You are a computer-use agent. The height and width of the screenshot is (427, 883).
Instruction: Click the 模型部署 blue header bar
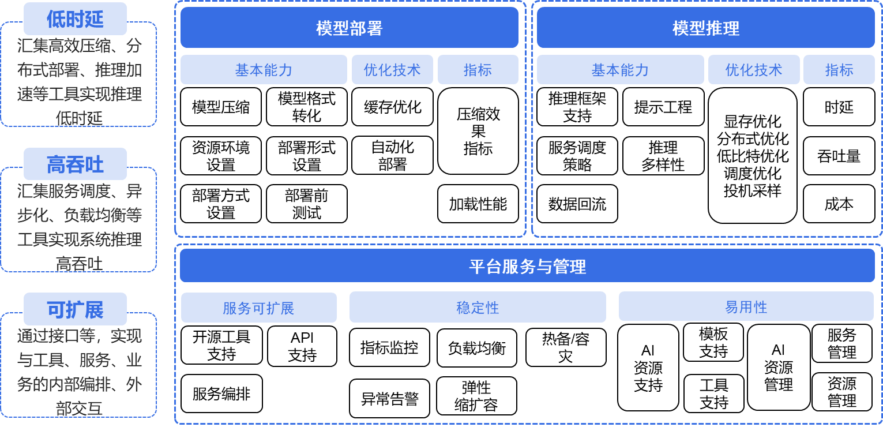pyautogui.click(x=349, y=28)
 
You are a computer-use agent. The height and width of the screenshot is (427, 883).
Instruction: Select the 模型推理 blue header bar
pyautogui.click(x=705, y=28)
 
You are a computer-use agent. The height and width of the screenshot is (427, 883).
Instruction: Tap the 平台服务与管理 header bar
pyautogui.click(x=527, y=266)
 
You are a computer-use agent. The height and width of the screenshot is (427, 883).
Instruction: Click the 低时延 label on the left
pyautogui.click(x=75, y=19)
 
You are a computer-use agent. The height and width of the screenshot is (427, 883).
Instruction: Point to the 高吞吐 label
pyautogui.click(x=75, y=164)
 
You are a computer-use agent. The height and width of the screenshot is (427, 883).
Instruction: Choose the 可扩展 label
pyautogui.click(x=75, y=310)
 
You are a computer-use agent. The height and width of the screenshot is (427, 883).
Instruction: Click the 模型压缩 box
pyautogui.click(x=221, y=107)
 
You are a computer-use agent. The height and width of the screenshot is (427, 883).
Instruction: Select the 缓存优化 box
pyautogui.click(x=392, y=107)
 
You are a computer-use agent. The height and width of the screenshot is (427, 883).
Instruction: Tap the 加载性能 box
pyautogui.click(x=478, y=204)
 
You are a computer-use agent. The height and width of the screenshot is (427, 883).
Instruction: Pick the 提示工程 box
pyautogui.click(x=663, y=107)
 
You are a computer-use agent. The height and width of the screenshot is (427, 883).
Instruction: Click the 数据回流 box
pyautogui.click(x=577, y=204)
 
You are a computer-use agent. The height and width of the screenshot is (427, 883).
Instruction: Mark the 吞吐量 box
pyautogui.click(x=839, y=156)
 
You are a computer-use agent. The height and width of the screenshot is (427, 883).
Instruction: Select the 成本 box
pyautogui.click(x=839, y=204)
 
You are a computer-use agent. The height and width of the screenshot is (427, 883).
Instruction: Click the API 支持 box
pyautogui.click(x=302, y=346)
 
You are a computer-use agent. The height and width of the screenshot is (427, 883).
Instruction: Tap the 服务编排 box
pyautogui.click(x=221, y=394)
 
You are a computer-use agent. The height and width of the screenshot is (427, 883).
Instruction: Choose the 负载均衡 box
pyautogui.click(x=477, y=347)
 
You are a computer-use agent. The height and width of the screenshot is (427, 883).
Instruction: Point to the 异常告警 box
pyautogui.click(x=389, y=398)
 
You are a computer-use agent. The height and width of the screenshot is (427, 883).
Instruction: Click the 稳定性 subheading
pyautogui.click(x=478, y=307)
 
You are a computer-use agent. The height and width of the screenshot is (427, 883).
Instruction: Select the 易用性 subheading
pyautogui.click(x=746, y=306)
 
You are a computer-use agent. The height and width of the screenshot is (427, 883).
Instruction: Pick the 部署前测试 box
pyautogui.click(x=306, y=204)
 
